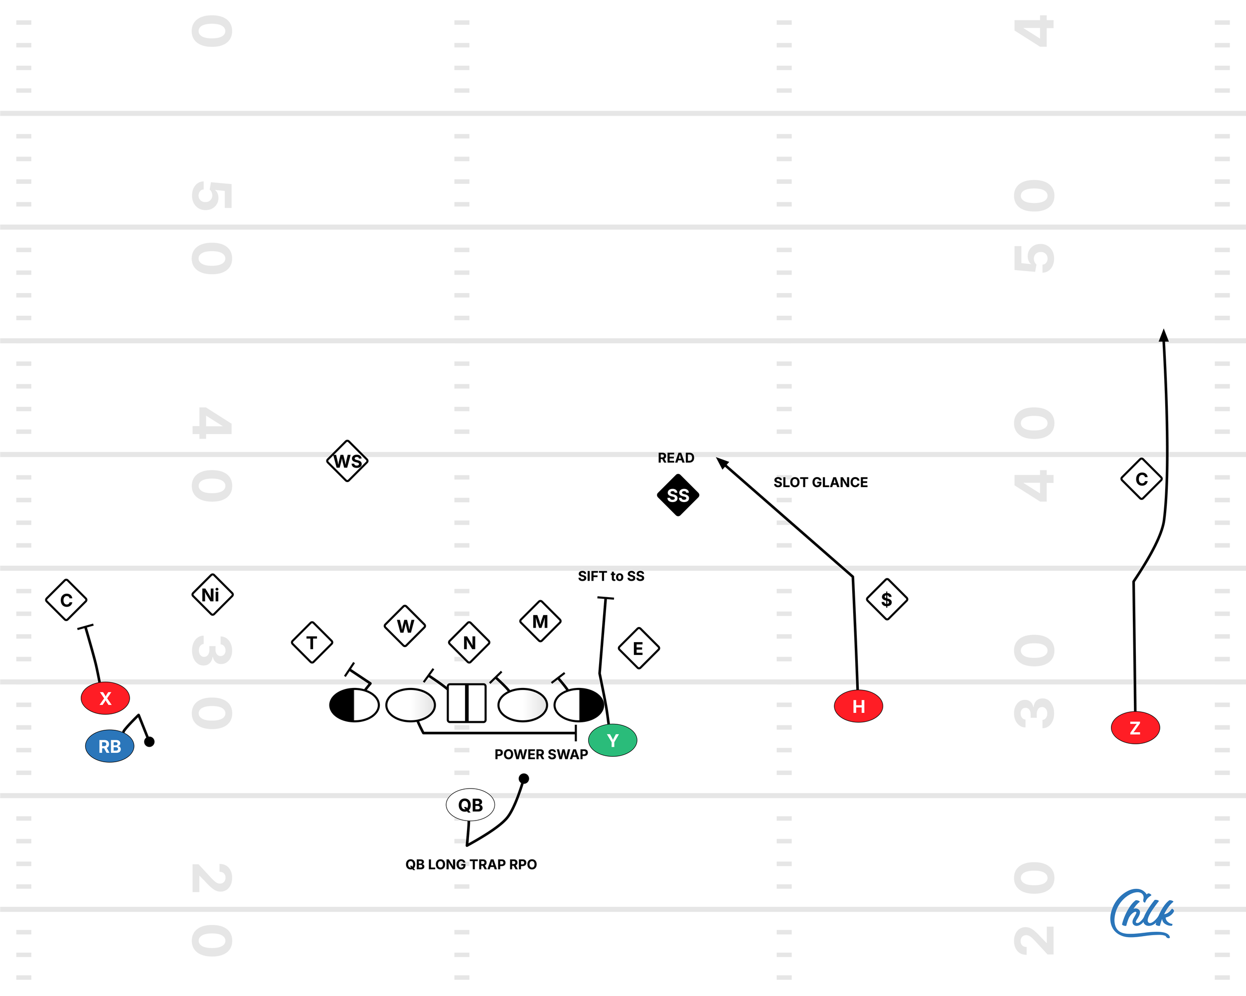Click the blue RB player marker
[110, 746]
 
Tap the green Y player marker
[613, 740]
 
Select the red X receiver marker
[105, 698]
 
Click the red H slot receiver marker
[858, 706]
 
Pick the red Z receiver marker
[1135, 727]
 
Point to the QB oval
[470, 805]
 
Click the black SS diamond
[678, 495]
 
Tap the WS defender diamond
[347, 461]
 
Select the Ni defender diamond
[212, 594]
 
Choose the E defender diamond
[638, 648]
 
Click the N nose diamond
[469, 642]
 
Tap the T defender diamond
[312, 642]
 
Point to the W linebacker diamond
[405, 626]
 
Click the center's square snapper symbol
[467, 703]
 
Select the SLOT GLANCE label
[820, 482]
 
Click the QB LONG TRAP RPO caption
[471, 864]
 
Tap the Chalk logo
[1141, 914]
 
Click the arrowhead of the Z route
[1163, 335]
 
